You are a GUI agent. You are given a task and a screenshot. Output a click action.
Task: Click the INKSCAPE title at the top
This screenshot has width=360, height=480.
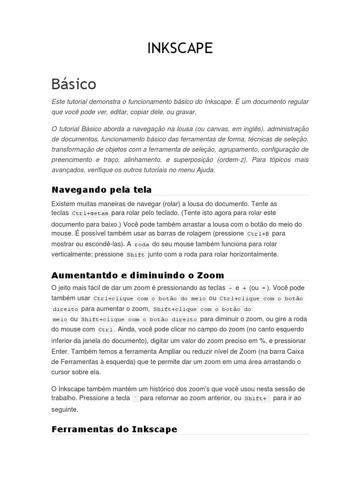click(x=180, y=48)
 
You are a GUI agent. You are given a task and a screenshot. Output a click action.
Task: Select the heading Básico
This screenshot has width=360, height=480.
click(x=74, y=84)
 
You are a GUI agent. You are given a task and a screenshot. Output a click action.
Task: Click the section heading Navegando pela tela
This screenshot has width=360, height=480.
click(x=101, y=189)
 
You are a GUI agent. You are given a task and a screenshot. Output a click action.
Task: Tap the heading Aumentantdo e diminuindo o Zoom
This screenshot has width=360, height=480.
click(x=137, y=275)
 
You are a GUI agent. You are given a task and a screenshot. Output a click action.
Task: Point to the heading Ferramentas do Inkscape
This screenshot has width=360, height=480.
click(x=114, y=429)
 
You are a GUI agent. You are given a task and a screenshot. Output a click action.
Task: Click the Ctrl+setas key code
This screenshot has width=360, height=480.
click(x=90, y=213)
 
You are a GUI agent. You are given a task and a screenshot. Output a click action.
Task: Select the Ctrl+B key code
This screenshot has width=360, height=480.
click(x=258, y=233)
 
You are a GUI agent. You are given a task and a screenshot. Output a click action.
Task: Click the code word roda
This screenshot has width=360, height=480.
click(x=142, y=244)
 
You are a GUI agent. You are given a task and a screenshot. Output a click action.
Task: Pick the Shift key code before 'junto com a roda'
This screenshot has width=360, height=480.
click(x=135, y=255)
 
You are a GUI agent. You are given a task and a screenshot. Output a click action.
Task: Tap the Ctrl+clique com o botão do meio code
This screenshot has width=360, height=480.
click(x=149, y=299)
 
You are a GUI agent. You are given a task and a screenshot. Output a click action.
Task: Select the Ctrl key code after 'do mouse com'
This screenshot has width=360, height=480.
click(x=105, y=330)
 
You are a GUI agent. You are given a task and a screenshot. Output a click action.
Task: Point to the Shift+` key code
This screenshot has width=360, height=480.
click(x=256, y=398)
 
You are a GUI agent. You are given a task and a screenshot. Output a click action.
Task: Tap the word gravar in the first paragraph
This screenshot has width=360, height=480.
click(x=186, y=112)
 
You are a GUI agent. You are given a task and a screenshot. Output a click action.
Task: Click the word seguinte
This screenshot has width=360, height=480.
click(x=65, y=409)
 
